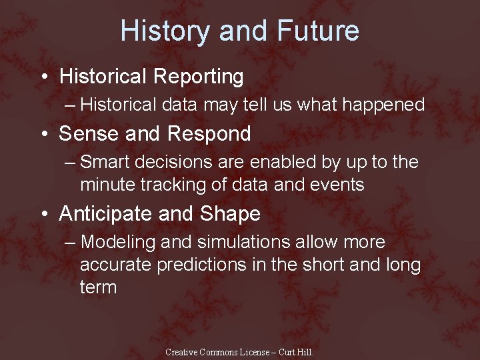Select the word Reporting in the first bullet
pos(198,77)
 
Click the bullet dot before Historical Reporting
pos(43,77)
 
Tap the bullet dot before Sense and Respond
pos(43,135)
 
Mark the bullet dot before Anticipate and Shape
pos(43,215)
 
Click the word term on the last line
pos(98,287)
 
